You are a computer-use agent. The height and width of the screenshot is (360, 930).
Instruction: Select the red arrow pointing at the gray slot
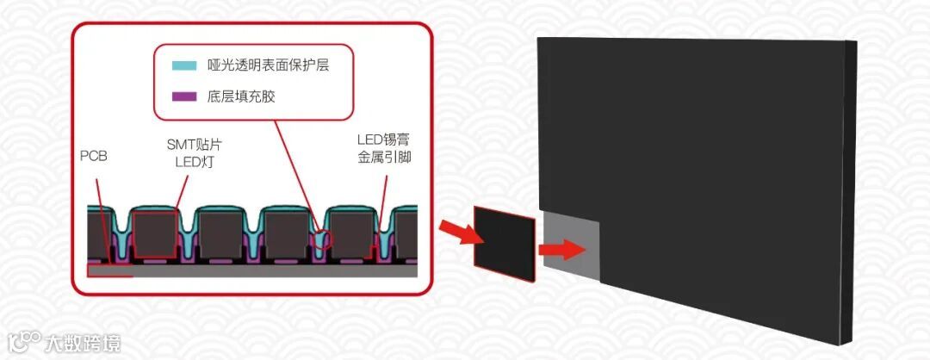pos(558,250)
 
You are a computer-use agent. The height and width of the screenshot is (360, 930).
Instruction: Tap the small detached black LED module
pos(506,240)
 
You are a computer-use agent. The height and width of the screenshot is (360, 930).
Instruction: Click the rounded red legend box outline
pos(156,81)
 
